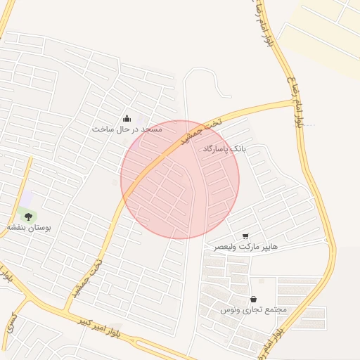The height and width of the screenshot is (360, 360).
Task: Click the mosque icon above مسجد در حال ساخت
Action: pyautogui.click(x=127, y=118)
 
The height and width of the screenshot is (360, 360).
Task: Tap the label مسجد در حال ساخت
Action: pyautogui.click(x=127, y=129)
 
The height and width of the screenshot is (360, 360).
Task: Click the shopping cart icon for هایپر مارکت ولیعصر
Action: pyautogui.click(x=245, y=236)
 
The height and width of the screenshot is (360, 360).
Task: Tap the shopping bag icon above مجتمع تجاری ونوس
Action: pyautogui.click(x=253, y=299)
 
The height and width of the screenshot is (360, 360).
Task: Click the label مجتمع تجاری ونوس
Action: pyautogui.click(x=253, y=310)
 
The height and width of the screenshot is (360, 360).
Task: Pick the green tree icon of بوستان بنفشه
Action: pyautogui.click(x=28, y=217)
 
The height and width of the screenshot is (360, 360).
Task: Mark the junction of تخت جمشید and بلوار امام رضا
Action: pyautogui.click(x=294, y=102)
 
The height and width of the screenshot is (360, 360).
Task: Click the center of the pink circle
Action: pyautogui.click(x=180, y=179)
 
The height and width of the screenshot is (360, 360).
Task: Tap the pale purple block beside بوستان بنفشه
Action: pyautogui.click(x=27, y=199)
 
